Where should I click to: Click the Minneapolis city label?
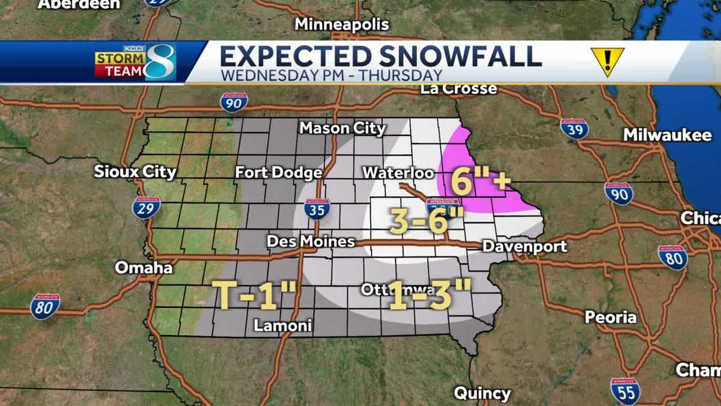342,25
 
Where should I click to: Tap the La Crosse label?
458,89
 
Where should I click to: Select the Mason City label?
342,128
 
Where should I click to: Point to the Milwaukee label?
667,135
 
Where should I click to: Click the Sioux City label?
135,172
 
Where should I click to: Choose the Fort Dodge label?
278,173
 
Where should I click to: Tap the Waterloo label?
398,173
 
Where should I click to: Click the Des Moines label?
311,242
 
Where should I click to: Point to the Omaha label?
144,267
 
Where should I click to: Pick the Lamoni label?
282,326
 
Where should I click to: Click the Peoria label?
610,316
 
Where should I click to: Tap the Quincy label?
482,394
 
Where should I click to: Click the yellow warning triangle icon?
607,61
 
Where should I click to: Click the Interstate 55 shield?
625,390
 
